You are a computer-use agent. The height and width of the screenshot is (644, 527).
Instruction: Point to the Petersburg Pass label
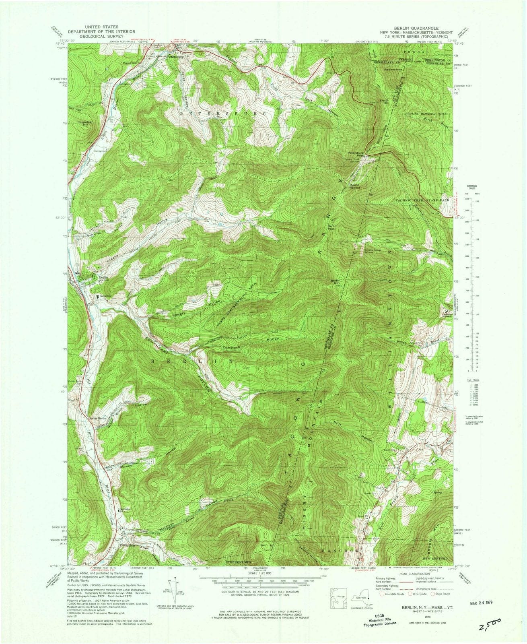pyautogui.click(x=356, y=154)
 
